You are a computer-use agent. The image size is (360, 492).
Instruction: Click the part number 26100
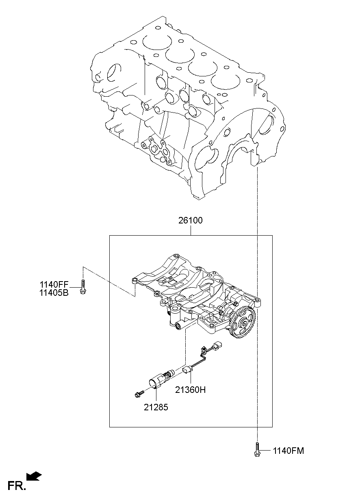(x=190, y=221)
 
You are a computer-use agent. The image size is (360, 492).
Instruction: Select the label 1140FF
(x=54, y=285)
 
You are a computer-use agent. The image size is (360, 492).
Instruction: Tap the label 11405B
(x=54, y=293)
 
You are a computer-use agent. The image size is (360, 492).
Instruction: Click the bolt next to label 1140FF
(x=83, y=287)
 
